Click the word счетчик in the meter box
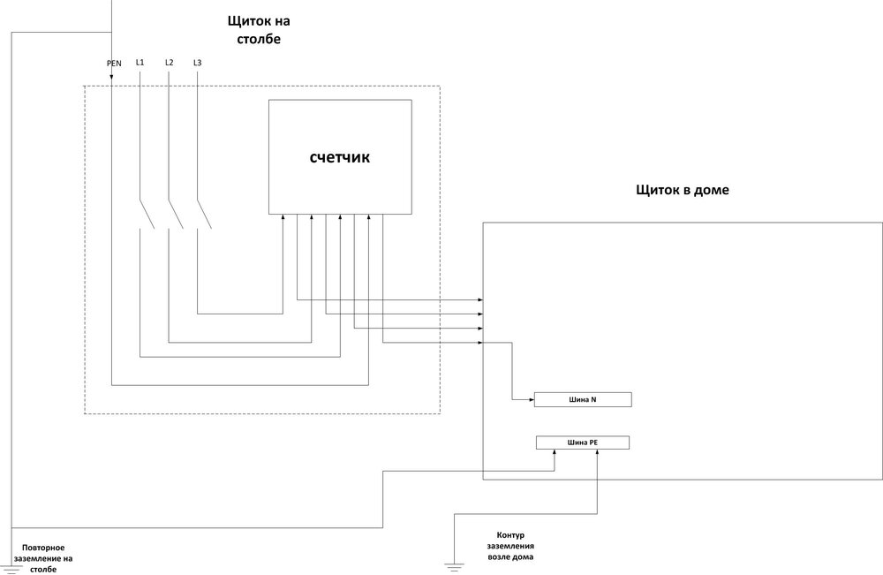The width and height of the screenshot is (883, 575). click(340, 158)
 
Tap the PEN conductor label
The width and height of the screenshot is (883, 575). click(114, 64)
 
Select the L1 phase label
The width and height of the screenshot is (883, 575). click(140, 63)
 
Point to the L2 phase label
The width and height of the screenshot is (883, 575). click(169, 63)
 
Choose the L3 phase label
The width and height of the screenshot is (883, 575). click(197, 63)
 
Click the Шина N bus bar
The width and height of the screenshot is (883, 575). click(582, 400)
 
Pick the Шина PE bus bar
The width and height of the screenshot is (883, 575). click(582, 443)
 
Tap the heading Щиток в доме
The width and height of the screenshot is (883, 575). click(682, 190)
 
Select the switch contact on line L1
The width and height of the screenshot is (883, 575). click(147, 215)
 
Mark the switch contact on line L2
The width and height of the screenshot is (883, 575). click(175, 215)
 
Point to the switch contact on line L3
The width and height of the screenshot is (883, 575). click(203, 215)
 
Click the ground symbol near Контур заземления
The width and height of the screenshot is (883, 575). click(453, 565)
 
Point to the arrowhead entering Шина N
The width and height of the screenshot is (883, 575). click(531, 400)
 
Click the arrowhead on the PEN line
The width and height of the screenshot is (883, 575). click(112, 79)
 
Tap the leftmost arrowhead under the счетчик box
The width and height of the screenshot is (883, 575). click(283, 217)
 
